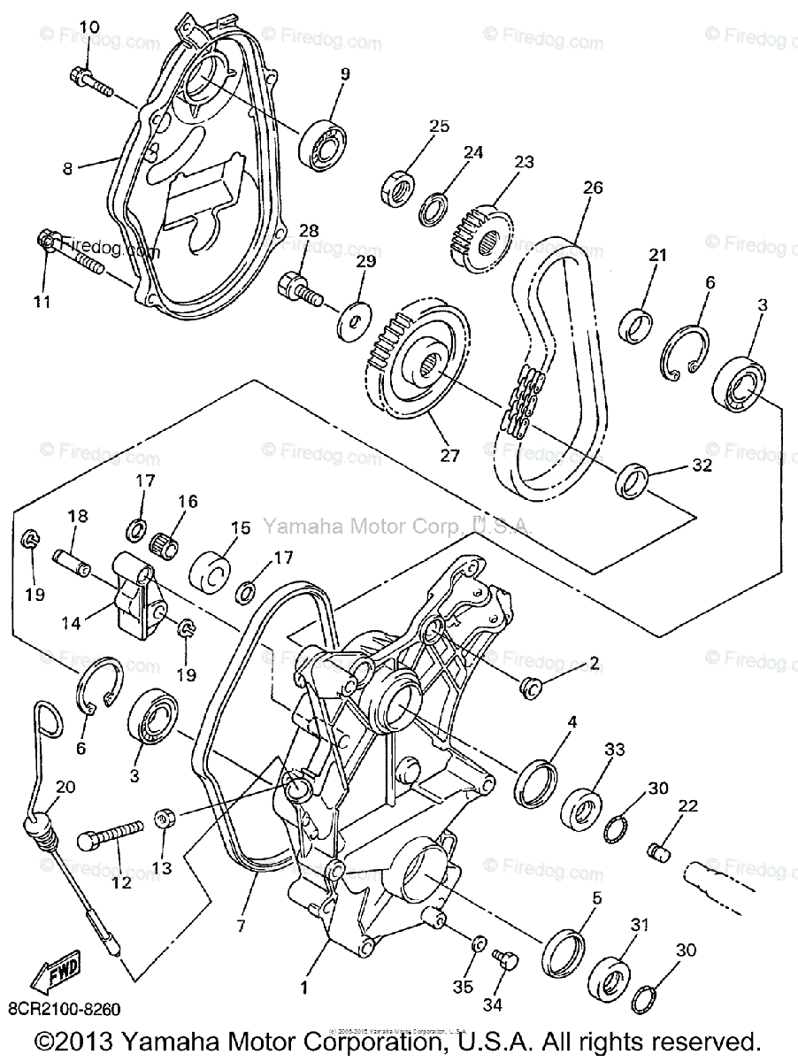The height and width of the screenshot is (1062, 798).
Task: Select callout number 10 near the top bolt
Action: [88, 27]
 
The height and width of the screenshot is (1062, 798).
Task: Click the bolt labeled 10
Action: [88, 81]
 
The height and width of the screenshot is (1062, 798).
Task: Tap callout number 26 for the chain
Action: [593, 188]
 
